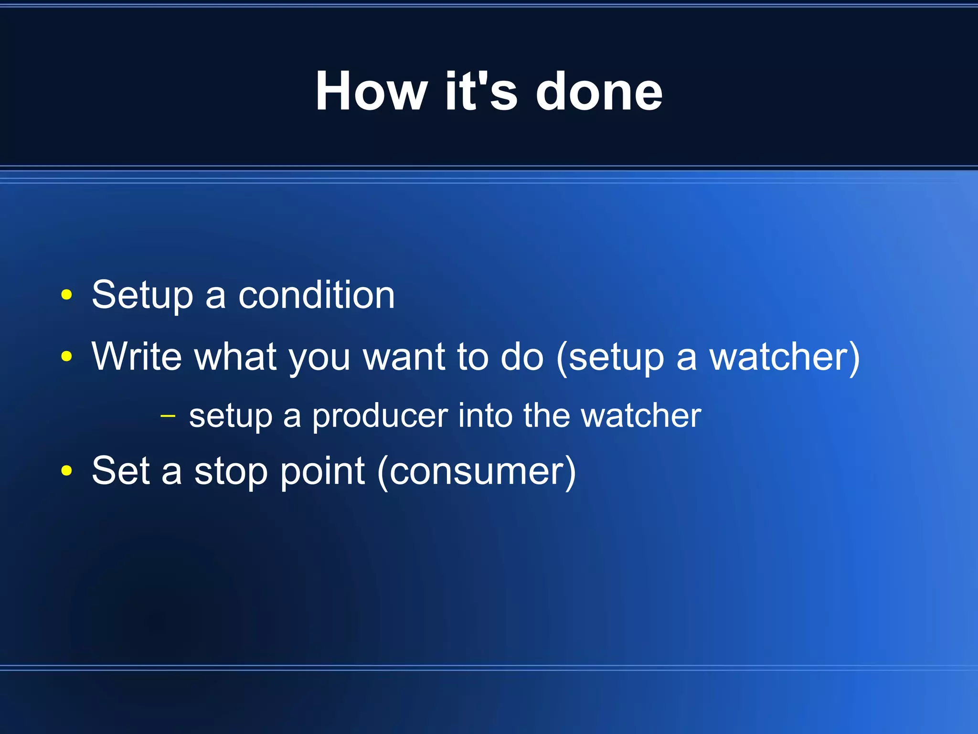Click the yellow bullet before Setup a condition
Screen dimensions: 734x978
(67, 295)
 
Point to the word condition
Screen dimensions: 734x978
(316, 295)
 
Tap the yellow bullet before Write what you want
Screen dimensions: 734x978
(67, 356)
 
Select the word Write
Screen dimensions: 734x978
(137, 356)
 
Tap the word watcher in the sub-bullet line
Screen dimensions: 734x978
(641, 415)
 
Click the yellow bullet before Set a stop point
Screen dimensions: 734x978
(67, 471)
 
